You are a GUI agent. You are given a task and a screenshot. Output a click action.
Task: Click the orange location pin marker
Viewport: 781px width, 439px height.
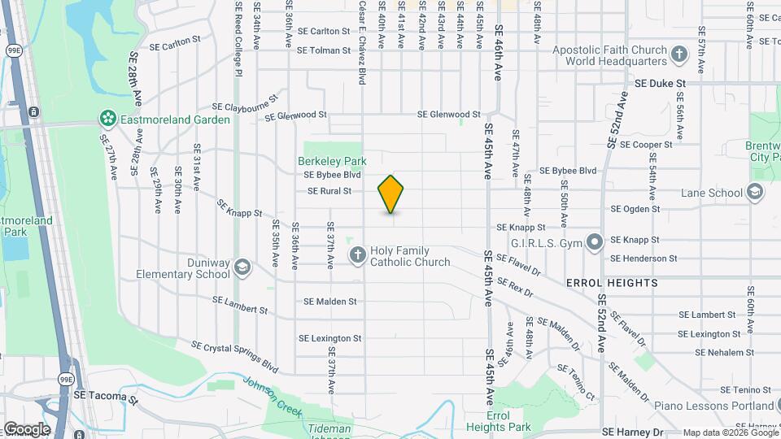pyautogui.click(x=391, y=194)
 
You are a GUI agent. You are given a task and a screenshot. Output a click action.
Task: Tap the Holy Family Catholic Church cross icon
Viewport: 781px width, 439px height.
pyautogui.click(x=356, y=256)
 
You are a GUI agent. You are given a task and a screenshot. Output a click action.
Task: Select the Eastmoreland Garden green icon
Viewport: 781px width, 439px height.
pyautogui.click(x=107, y=120)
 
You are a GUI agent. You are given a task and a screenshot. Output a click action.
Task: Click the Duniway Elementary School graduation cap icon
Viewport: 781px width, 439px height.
pyautogui.click(x=242, y=267)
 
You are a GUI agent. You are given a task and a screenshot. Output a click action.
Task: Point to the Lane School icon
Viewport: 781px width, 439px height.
pyautogui.click(x=754, y=193)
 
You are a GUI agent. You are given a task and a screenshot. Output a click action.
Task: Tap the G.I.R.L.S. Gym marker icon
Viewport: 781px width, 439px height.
pyautogui.click(x=595, y=241)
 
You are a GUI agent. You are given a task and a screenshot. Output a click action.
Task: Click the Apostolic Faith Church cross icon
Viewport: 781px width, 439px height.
pyautogui.click(x=679, y=55)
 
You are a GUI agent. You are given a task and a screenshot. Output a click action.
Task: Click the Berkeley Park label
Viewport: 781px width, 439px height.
pyautogui.click(x=332, y=161)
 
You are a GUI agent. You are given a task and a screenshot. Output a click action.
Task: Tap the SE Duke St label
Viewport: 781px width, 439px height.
pyautogui.click(x=661, y=83)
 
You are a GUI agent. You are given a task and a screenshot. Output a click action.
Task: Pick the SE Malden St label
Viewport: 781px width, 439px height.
pyautogui.click(x=329, y=301)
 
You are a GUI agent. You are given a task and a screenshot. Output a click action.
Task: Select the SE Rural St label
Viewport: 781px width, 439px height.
pyautogui.click(x=329, y=191)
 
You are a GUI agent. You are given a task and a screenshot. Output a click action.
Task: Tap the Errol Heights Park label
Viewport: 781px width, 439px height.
pyautogui.click(x=498, y=421)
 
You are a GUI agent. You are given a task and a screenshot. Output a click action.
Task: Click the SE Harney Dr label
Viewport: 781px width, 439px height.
pyautogui.click(x=632, y=432)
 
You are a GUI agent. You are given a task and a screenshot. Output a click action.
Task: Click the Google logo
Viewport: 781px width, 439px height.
pyautogui.click(x=26, y=429)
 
